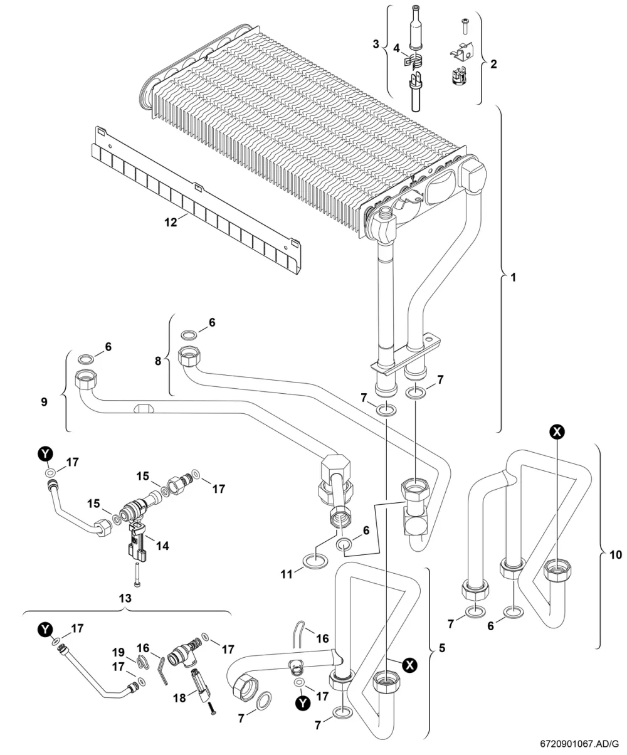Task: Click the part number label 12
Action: pyautogui.click(x=171, y=222)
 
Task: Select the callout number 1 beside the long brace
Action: pyautogui.click(x=513, y=278)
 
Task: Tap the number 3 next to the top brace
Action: pyautogui.click(x=376, y=44)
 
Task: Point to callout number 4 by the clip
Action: pyautogui.click(x=397, y=48)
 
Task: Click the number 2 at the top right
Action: pyautogui.click(x=493, y=65)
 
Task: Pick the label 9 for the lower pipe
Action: pyautogui.click(x=44, y=402)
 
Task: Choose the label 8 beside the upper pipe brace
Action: pyautogui.click(x=158, y=361)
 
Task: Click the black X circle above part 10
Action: pyautogui.click(x=557, y=431)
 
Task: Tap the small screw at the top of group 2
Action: pyautogui.click(x=465, y=28)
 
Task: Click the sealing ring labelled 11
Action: pyautogui.click(x=315, y=562)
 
